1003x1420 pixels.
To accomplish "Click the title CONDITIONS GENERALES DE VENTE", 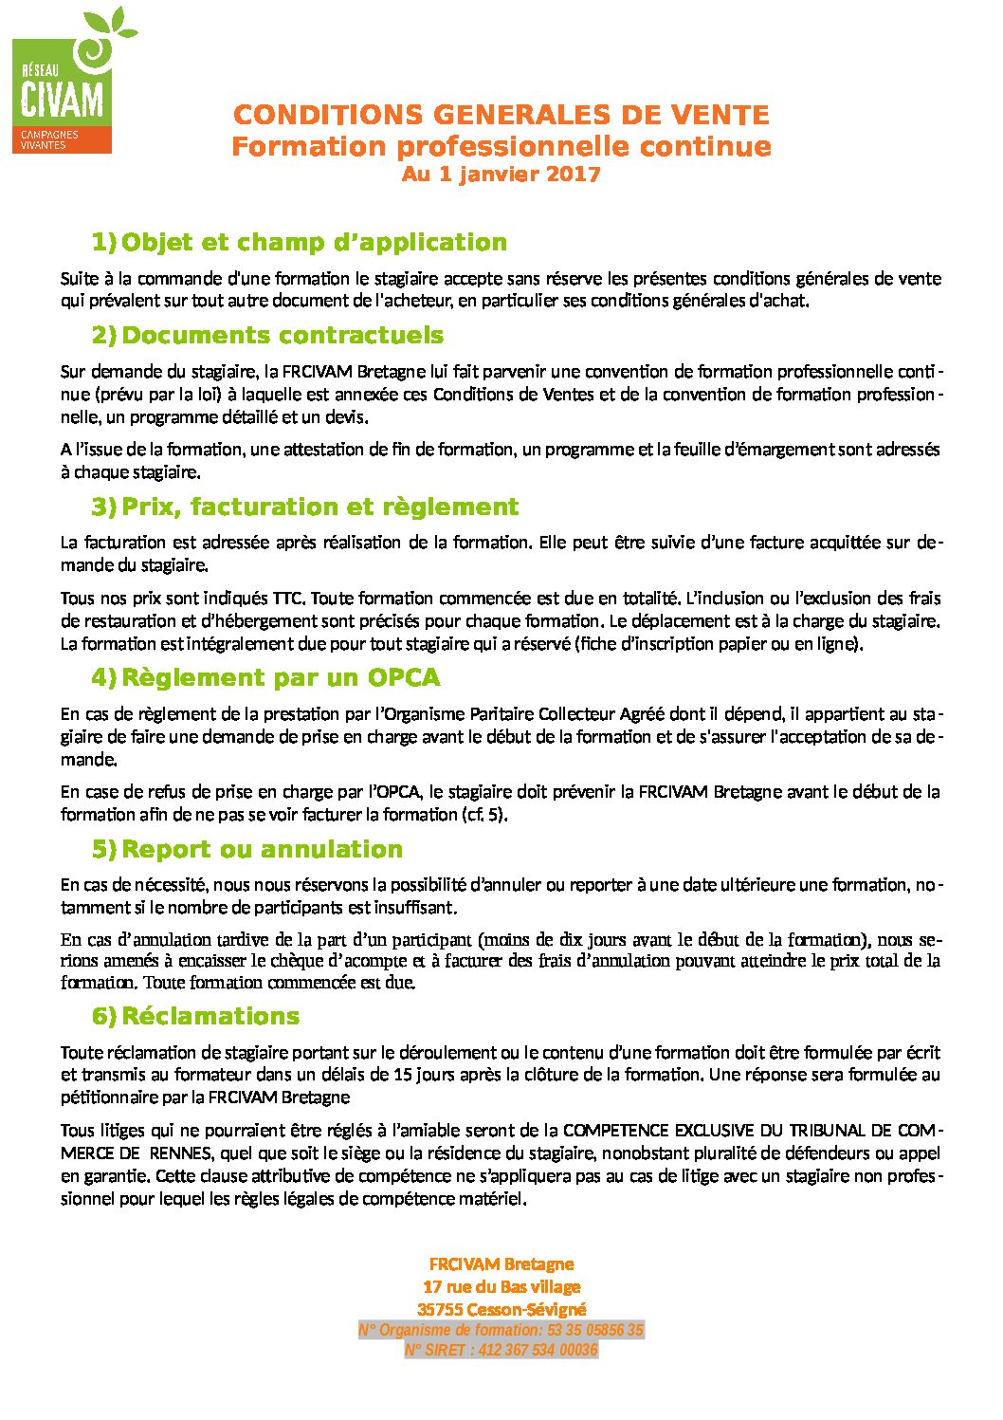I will pyautogui.click(x=501, y=116).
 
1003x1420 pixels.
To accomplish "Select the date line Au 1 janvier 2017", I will pyautogui.click(x=501, y=175).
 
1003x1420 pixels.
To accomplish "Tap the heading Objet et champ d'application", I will pyautogui.click(x=314, y=242).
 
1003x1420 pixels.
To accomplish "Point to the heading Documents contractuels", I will pyautogui.click(x=283, y=335).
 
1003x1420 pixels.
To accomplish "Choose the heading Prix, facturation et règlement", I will pyautogui.click(x=319, y=507).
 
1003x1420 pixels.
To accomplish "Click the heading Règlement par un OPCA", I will pyautogui.click(x=281, y=677).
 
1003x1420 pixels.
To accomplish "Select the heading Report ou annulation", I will pyautogui.click(x=262, y=849).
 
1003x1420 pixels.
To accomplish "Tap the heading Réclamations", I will pyautogui.click(x=210, y=1016).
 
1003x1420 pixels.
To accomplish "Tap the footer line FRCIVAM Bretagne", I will pyautogui.click(x=501, y=1264).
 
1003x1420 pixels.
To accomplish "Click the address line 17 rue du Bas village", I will pyautogui.click(x=501, y=1287).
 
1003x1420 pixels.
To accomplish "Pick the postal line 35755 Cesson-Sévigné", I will pyautogui.click(x=501, y=1310).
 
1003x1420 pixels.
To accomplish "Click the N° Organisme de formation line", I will pyautogui.click(x=501, y=1331).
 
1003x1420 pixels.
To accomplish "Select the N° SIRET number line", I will pyautogui.click(x=501, y=1350).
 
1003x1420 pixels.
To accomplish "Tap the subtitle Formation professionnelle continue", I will pyautogui.click(x=501, y=147).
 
